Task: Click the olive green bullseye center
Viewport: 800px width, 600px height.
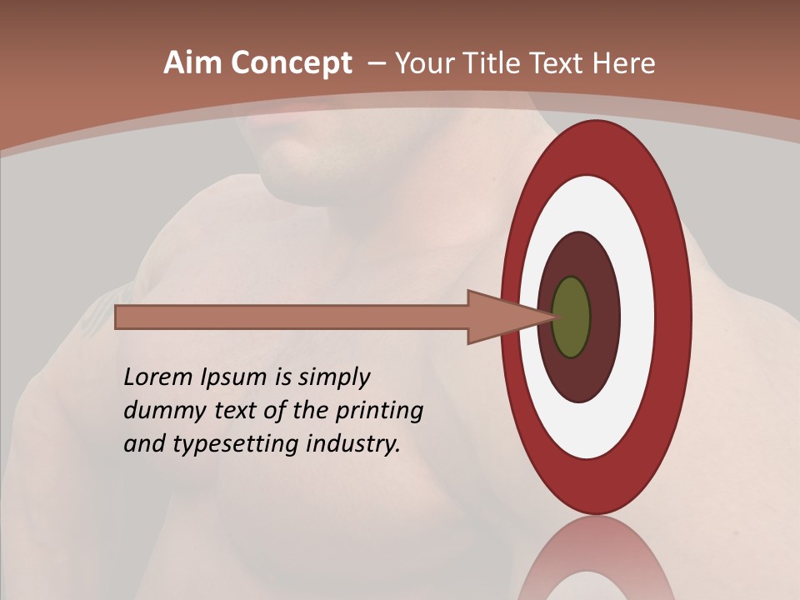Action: [x=572, y=317]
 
